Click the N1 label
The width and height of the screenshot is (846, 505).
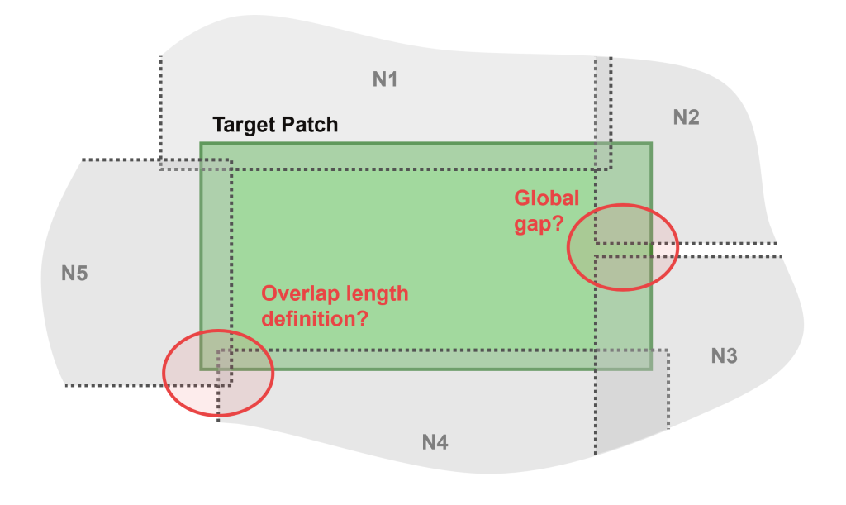385,80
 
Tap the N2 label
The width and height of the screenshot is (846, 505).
686,117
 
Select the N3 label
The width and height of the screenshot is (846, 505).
724,356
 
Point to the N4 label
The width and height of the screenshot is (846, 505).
435,443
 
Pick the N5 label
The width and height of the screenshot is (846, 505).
74,273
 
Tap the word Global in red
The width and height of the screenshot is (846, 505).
546,198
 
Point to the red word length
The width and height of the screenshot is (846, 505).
374,294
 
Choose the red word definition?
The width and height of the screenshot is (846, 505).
314,318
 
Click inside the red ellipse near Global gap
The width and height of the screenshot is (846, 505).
622,246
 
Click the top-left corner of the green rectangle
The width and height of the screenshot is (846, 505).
201,143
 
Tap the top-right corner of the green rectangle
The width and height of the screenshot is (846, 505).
651,143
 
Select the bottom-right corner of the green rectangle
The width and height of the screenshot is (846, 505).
651,369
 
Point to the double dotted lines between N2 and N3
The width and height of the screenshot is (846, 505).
727,250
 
